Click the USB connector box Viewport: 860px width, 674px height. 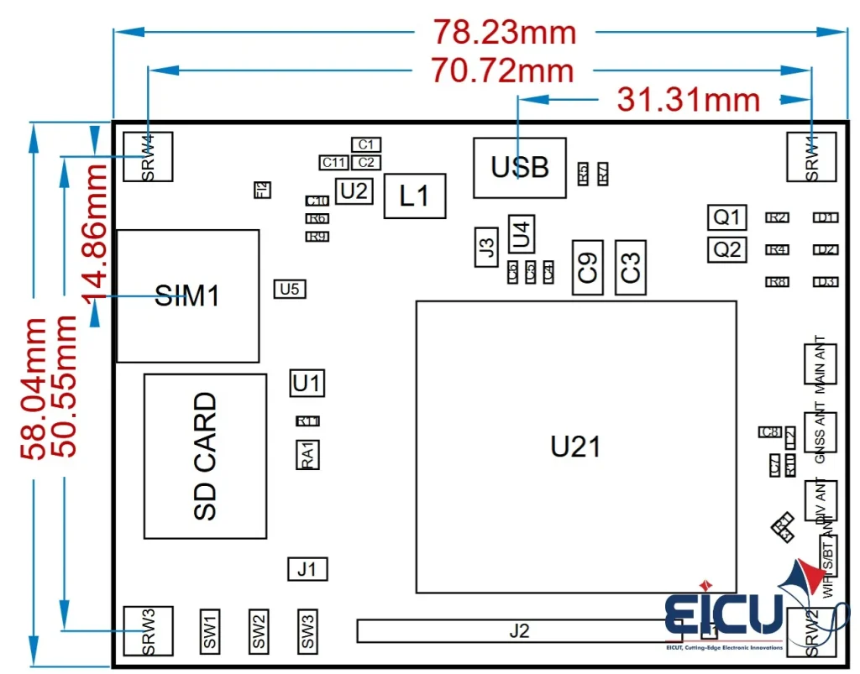(x=519, y=168)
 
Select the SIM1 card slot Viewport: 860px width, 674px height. (x=187, y=295)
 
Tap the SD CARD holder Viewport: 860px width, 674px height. (x=205, y=456)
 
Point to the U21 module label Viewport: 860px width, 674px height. (x=575, y=447)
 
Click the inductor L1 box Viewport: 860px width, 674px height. (x=414, y=196)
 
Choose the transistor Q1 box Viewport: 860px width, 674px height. (x=726, y=217)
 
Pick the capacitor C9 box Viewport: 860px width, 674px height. (x=588, y=267)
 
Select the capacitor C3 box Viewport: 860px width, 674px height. (x=631, y=267)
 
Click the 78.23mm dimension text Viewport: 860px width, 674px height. (x=505, y=32)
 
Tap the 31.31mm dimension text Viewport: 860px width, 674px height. (x=689, y=99)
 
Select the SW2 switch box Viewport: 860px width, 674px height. (x=259, y=631)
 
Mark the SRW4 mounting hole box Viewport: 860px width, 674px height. (x=148, y=156)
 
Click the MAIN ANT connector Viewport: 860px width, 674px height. (x=820, y=366)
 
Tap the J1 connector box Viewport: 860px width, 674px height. (x=307, y=569)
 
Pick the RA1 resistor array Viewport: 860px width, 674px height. (x=307, y=454)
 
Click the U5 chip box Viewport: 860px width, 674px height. (x=290, y=289)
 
